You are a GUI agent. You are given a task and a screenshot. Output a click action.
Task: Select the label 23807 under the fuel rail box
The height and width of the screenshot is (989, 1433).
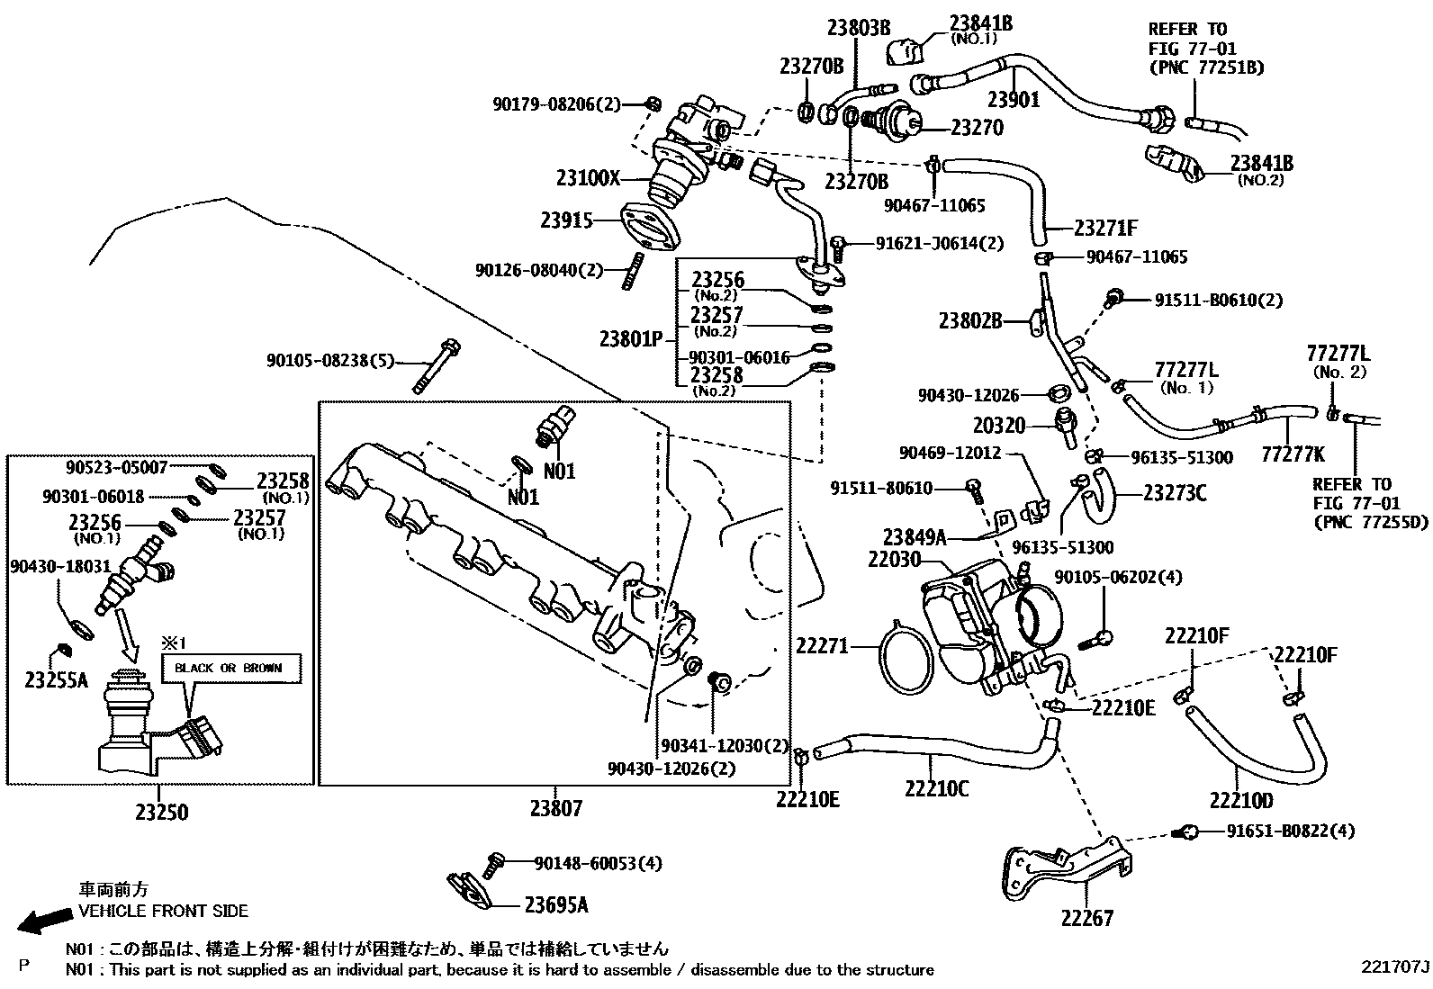(555, 808)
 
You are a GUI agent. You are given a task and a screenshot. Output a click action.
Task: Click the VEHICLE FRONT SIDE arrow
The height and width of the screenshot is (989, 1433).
(46, 919)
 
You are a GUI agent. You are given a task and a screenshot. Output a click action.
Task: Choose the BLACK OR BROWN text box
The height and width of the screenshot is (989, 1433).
(229, 669)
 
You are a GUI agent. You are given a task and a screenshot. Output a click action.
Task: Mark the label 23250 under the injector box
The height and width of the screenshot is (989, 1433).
(162, 813)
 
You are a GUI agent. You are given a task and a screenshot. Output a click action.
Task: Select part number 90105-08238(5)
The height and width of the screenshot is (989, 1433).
(329, 361)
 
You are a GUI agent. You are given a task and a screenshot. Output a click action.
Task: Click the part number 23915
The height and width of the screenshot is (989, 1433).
(567, 220)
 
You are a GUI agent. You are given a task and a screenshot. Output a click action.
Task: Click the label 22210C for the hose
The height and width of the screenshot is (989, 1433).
(937, 788)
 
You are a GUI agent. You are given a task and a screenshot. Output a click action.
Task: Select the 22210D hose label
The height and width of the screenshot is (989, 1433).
(1242, 799)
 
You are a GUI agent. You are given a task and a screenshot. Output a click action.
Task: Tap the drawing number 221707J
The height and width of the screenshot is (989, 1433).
(1394, 967)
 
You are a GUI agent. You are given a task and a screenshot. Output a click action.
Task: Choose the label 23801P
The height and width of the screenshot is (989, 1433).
(631, 339)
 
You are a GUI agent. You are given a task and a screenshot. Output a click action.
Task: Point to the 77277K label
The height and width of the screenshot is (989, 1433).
(1293, 453)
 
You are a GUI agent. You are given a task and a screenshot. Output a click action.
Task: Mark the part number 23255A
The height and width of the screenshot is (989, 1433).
(56, 680)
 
